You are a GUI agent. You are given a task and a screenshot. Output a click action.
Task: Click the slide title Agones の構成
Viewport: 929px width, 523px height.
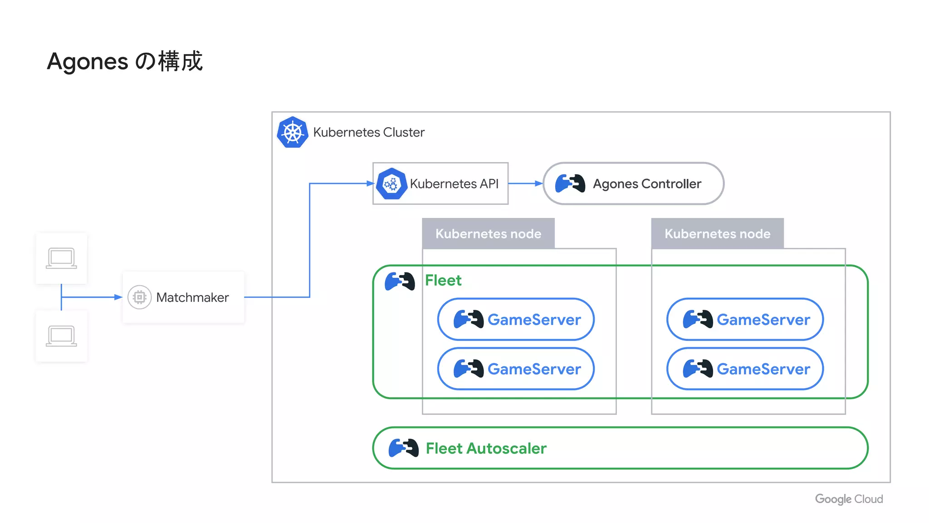(125, 61)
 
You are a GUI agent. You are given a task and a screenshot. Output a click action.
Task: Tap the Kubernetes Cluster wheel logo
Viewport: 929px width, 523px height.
(293, 132)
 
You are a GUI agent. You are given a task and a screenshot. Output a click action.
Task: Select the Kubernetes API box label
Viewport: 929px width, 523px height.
(454, 184)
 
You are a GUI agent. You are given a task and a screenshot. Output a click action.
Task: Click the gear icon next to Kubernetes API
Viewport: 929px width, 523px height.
(391, 184)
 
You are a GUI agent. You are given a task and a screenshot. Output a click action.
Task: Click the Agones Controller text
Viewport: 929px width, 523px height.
(647, 184)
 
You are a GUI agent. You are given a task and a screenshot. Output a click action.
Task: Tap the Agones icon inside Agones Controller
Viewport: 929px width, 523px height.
(570, 183)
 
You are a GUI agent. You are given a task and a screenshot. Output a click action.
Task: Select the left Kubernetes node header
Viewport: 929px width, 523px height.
(488, 233)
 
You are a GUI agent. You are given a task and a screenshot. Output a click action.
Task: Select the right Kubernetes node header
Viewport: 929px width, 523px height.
(717, 233)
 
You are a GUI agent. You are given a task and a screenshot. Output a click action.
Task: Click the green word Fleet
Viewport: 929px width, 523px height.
(443, 280)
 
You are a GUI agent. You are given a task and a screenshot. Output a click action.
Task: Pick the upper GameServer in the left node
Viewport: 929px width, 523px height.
(516, 319)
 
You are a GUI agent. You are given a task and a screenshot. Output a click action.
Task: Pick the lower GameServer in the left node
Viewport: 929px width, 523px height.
(516, 369)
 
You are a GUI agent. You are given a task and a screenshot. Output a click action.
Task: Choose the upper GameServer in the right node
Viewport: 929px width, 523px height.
(745, 319)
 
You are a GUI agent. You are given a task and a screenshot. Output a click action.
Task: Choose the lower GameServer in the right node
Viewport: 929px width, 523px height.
(745, 369)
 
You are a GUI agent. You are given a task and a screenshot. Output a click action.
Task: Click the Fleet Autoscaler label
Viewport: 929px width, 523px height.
(486, 448)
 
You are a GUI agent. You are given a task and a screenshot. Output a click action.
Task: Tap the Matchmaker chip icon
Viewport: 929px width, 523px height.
(139, 297)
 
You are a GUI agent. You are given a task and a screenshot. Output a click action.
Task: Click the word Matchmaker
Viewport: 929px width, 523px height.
(192, 297)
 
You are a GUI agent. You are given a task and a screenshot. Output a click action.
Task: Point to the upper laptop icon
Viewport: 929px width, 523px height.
(61, 258)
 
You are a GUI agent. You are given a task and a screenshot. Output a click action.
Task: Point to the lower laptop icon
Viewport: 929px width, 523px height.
(61, 336)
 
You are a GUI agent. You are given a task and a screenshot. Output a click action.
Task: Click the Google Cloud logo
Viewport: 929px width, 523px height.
(849, 499)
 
